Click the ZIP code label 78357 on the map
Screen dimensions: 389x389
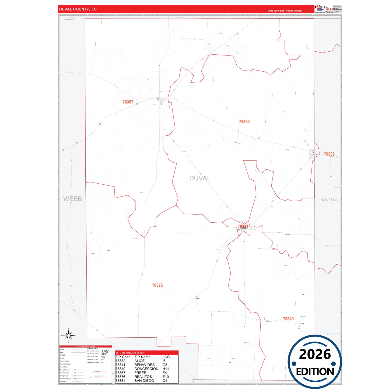128,102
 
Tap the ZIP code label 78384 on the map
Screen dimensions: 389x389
244,122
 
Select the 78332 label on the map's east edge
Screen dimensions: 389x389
329,154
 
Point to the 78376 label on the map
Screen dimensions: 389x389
157,285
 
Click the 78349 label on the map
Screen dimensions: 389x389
288,319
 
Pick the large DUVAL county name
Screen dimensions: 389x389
200,178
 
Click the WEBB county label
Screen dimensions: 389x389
72,199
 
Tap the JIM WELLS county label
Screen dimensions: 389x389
327,200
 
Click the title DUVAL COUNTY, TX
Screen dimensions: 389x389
78,9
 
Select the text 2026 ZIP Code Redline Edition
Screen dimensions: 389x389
285,11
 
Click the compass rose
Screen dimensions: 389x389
69,336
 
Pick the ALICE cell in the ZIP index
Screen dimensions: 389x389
139,361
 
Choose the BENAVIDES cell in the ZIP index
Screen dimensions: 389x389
145,365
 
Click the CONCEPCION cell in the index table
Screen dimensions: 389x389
146,369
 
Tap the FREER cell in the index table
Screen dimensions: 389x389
140,373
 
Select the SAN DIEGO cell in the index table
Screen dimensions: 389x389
144,381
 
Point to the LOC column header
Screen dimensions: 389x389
166,357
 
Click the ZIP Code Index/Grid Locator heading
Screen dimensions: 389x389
130,353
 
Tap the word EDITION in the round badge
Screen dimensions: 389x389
315,372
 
